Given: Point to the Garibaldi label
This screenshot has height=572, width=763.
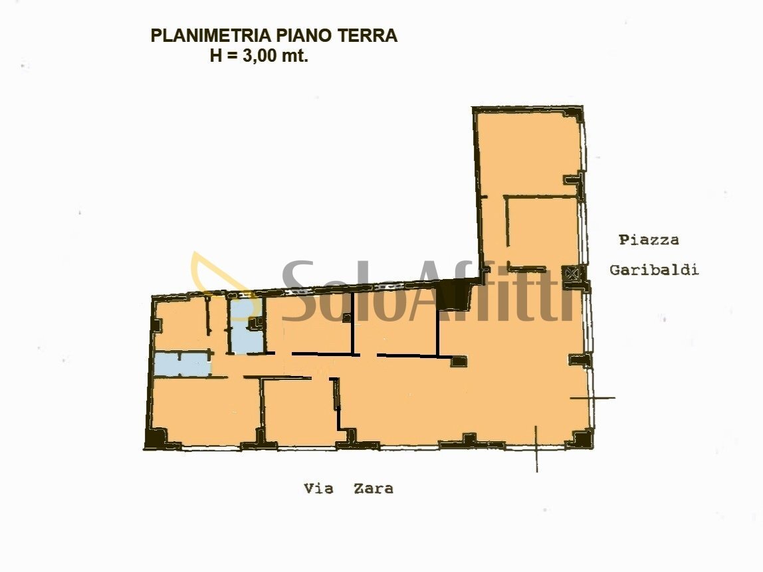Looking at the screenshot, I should pyautogui.click(x=654, y=270).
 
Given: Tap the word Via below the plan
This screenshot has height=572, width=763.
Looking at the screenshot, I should pyautogui.click(x=318, y=488).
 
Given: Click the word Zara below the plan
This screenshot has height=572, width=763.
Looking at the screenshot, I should pyautogui.click(x=373, y=488).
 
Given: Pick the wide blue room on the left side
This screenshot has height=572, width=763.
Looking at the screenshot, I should pyautogui.click(x=181, y=364).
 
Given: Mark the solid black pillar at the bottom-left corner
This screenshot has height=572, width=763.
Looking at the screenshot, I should pyautogui.click(x=154, y=438).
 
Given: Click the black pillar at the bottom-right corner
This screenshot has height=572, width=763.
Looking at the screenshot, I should pyautogui.click(x=581, y=438).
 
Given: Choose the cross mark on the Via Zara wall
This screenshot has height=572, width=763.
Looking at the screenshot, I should pyautogui.click(x=536, y=449).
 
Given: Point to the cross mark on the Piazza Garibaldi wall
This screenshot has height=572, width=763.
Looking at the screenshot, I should pyautogui.click(x=592, y=398).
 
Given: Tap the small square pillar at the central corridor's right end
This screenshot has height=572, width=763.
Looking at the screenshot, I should pyautogui.click(x=459, y=361).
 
